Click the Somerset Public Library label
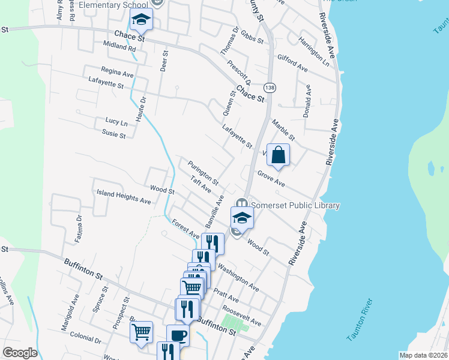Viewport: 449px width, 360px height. pos(295,205)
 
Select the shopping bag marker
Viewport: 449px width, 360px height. pos(279,155)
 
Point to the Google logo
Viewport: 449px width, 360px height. pos(20,353)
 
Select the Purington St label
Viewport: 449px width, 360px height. pos(203,172)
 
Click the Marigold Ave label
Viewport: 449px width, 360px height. pos(67,314)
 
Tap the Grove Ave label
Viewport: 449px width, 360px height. pos(271,178)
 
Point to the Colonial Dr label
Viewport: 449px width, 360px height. pos(85,340)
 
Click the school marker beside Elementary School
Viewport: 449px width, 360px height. pos(142,22)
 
